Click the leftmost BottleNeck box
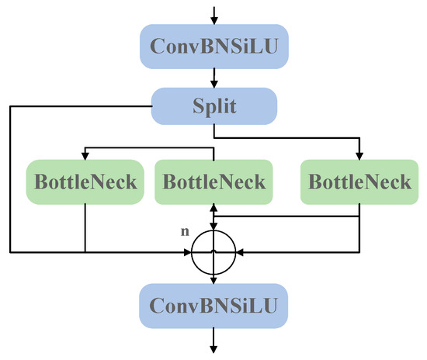point(85,182)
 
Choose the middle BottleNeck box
point(213,182)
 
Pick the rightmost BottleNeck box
point(359,182)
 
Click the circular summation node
point(213,251)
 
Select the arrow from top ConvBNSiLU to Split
point(213,75)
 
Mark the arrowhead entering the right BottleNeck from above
point(359,155)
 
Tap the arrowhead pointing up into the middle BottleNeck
point(213,208)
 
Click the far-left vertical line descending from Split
point(10,178)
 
